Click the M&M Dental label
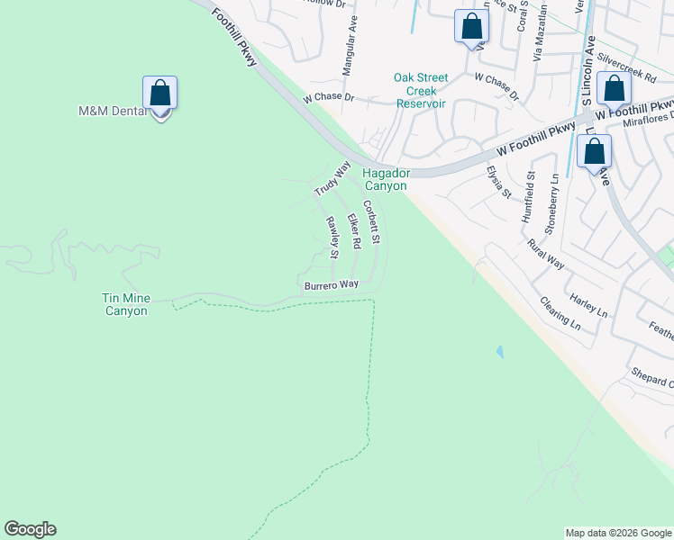tap(112, 112)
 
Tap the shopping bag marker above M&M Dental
tap(160, 94)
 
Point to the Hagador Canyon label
tap(386, 179)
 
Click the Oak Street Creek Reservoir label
tap(421, 91)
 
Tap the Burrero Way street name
tap(331, 284)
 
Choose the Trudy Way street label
tap(332, 179)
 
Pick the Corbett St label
tap(373, 222)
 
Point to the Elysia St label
tap(499, 182)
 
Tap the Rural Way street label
tap(546, 255)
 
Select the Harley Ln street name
tap(588, 304)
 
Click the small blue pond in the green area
tap(499, 352)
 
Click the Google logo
tap(30, 529)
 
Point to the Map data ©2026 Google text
tap(617, 533)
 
